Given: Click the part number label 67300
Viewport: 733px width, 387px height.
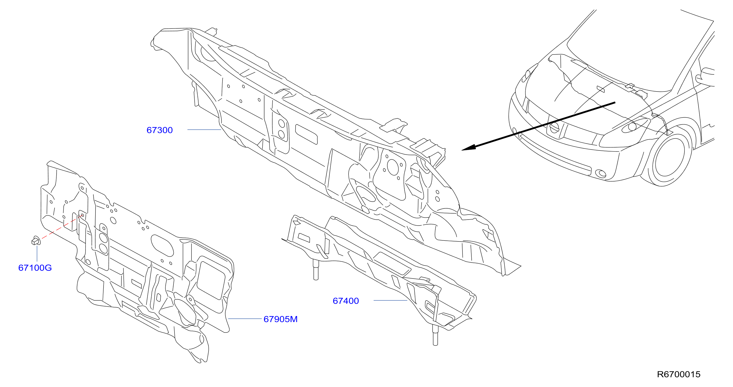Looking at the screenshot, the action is coord(159,130).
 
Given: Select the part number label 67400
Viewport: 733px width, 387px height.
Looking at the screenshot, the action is coord(346,301).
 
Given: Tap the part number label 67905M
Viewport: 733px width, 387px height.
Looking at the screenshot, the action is coord(281,319).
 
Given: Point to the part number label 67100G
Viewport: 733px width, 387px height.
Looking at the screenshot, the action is coord(35,268).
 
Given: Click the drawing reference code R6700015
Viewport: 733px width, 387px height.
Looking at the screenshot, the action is coord(679,374).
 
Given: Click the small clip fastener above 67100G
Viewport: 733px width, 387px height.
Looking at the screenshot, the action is coord(36,241).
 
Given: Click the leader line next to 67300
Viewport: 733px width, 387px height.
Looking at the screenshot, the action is coord(204,130).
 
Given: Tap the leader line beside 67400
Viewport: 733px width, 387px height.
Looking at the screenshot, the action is coord(390,300).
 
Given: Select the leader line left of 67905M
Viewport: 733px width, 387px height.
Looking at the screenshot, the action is coord(245,319).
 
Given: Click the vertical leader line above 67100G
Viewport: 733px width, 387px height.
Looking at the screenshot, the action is coord(37,254).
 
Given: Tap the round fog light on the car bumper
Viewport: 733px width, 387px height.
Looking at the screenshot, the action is coord(601,173).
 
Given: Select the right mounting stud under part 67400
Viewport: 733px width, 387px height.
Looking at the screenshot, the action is coord(435,335).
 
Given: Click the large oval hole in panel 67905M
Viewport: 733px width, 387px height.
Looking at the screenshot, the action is coord(162,246).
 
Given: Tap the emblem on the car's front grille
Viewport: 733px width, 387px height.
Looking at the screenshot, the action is coord(554,128).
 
